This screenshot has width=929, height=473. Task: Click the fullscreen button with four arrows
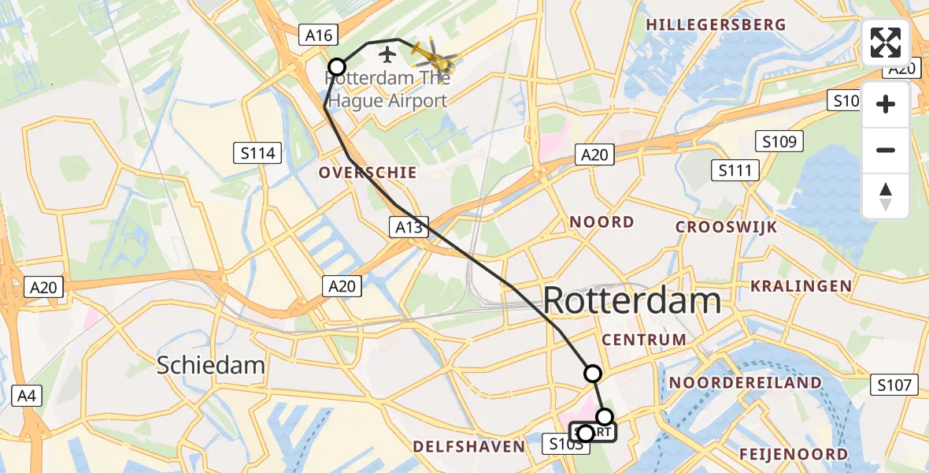pyautogui.click(x=886, y=43)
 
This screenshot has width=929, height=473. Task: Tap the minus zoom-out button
pyautogui.click(x=886, y=150)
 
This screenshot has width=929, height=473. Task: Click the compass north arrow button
pyautogui.click(x=886, y=196)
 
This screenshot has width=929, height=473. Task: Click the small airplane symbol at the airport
pyautogui.click(x=387, y=54)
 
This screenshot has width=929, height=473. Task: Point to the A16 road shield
pyautogui.click(x=320, y=35)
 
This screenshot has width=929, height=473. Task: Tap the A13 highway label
pyautogui.click(x=408, y=228)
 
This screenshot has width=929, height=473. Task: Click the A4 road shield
pyautogui.click(x=27, y=395)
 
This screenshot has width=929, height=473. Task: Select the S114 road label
pyautogui.click(x=258, y=153)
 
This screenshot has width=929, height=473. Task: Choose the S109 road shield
pyautogui.click(x=779, y=142)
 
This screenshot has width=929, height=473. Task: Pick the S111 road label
pyautogui.click(x=735, y=169)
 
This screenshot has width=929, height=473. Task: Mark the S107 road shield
pyautogui.click(x=895, y=385)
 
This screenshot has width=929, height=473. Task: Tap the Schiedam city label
pyautogui.click(x=210, y=365)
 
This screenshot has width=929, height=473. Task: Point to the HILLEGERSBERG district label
pyautogui.click(x=716, y=24)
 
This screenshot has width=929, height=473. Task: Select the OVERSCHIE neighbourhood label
pyautogui.click(x=367, y=173)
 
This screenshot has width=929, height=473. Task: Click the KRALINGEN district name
pyautogui.click(x=801, y=285)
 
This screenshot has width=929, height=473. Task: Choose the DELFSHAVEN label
pyautogui.click(x=469, y=447)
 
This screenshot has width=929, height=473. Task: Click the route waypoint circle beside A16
pyautogui.click(x=337, y=67)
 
